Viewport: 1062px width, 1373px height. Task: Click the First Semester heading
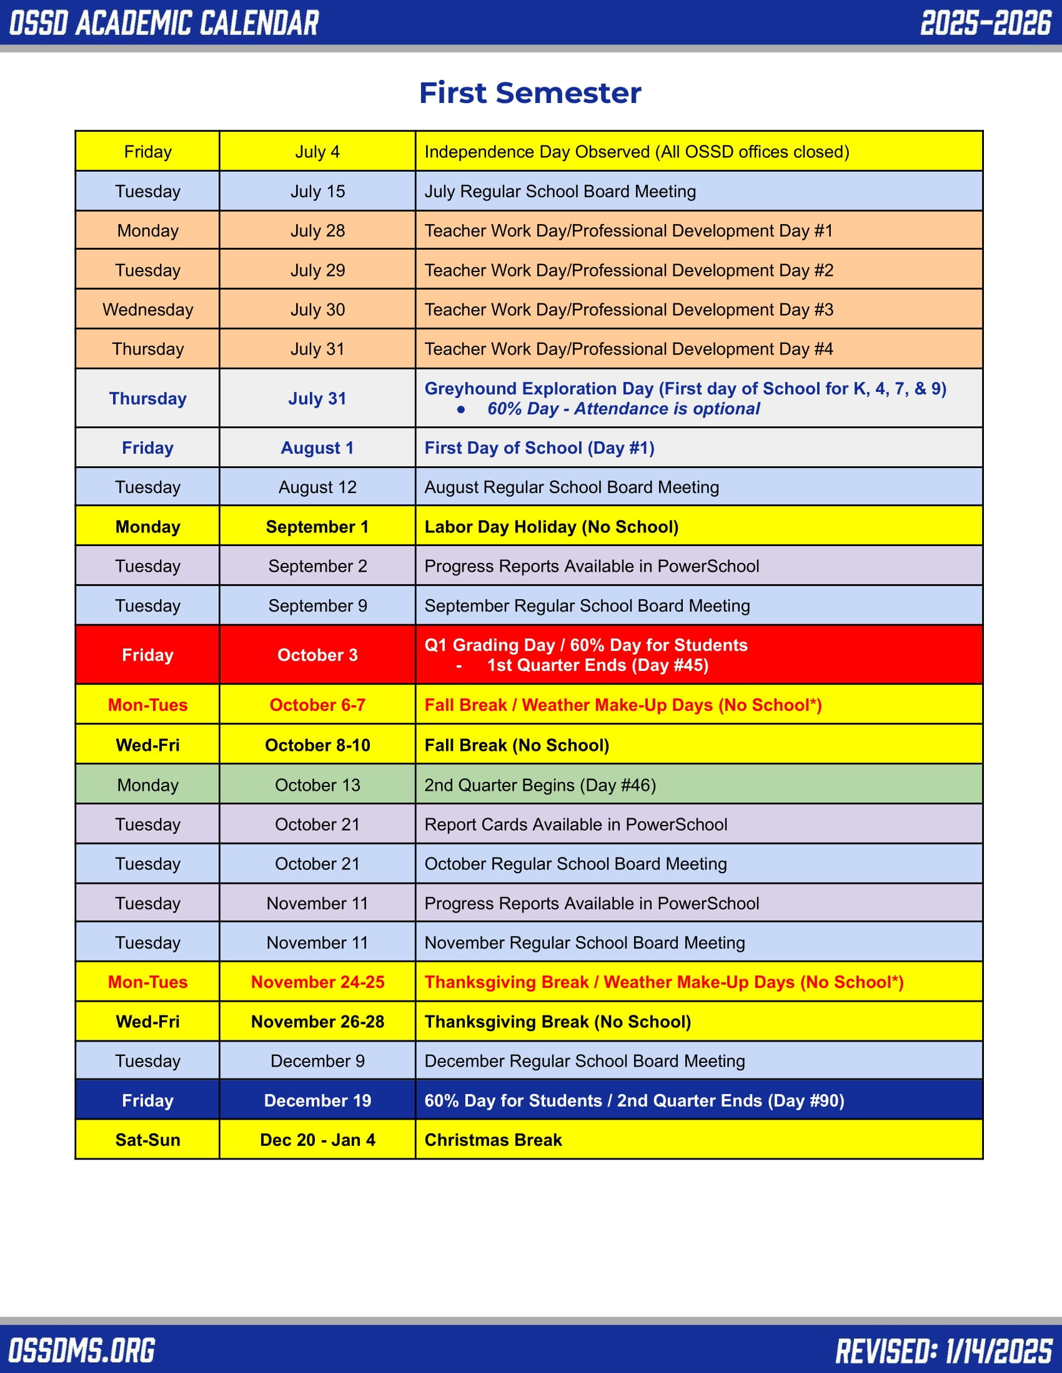(x=530, y=93)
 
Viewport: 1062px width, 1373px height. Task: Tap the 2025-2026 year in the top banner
(x=985, y=23)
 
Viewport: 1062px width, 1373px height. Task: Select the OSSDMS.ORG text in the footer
(x=82, y=1350)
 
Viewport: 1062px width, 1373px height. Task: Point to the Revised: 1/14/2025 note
(x=944, y=1350)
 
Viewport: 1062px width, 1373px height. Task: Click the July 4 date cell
(x=317, y=152)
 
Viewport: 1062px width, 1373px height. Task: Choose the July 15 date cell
(x=317, y=191)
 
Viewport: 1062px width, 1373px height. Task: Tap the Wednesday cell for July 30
(x=148, y=310)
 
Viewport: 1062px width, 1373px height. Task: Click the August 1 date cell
(x=317, y=447)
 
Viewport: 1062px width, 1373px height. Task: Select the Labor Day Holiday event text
(x=551, y=527)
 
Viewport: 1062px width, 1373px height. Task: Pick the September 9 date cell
(x=317, y=605)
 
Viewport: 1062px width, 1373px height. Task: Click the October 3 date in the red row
(x=317, y=655)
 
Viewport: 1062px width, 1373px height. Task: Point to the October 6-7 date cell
(x=317, y=705)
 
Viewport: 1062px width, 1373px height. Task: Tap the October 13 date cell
(x=317, y=784)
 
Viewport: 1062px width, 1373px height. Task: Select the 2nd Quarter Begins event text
(x=540, y=784)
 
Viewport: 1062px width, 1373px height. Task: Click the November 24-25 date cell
(x=317, y=982)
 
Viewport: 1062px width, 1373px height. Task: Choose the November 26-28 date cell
(x=317, y=1022)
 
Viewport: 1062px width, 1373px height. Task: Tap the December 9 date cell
(x=317, y=1061)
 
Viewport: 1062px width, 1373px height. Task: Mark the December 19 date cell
(x=317, y=1101)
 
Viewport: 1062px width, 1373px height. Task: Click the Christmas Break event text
(x=493, y=1140)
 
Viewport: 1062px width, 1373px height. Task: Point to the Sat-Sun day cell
(x=148, y=1140)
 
